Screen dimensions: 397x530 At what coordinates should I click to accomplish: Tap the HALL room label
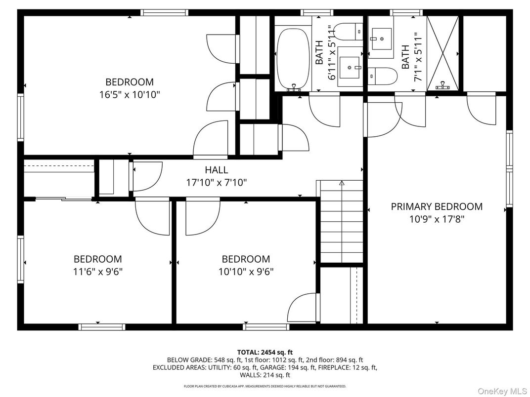coord(217,170)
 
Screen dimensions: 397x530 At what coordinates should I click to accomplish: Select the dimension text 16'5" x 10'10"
coord(130,94)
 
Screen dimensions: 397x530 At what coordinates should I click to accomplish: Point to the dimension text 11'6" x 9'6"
coord(98,271)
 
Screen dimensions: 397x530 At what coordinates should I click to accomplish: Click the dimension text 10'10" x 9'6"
coord(246,271)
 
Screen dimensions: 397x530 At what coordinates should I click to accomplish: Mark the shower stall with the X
coord(443,52)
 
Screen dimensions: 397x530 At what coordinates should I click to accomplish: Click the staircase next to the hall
coord(342,222)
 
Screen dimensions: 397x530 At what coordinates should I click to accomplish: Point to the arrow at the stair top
coord(342,183)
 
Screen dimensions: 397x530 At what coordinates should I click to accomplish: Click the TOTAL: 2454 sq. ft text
coord(265,352)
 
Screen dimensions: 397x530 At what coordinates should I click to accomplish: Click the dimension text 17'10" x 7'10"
coord(217,182)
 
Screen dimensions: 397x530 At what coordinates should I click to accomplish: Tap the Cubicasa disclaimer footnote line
coord(265,386)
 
